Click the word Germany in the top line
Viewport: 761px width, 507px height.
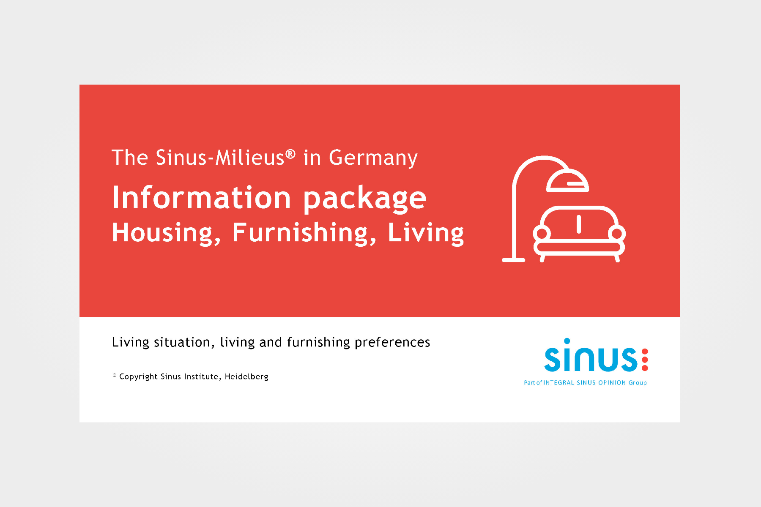click(x=373, y=158)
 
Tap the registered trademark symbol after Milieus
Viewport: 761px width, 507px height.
click(x=290, y=154)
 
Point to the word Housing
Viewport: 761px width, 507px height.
click(x=167, y=233)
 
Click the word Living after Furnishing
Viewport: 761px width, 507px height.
click(x=426, y=233)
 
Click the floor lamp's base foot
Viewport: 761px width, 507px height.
click(x=514, y=260)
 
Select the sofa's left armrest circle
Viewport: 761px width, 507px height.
click(x=542, y=233)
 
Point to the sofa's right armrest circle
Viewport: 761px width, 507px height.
click(x=617, y=233)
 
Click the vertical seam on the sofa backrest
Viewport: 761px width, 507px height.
click(x=579, y=224)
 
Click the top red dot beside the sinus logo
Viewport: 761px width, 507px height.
click(x=645, y=352)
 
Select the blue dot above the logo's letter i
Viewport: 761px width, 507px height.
click(x=567, y=341)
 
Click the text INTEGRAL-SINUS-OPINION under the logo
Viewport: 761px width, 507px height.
click(x=585, y=383)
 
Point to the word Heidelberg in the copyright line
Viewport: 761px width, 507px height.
click(x=246, y=377)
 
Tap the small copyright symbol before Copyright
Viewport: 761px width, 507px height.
click(x=115, y=375)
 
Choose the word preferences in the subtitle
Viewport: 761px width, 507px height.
click(x=392, y=343)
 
